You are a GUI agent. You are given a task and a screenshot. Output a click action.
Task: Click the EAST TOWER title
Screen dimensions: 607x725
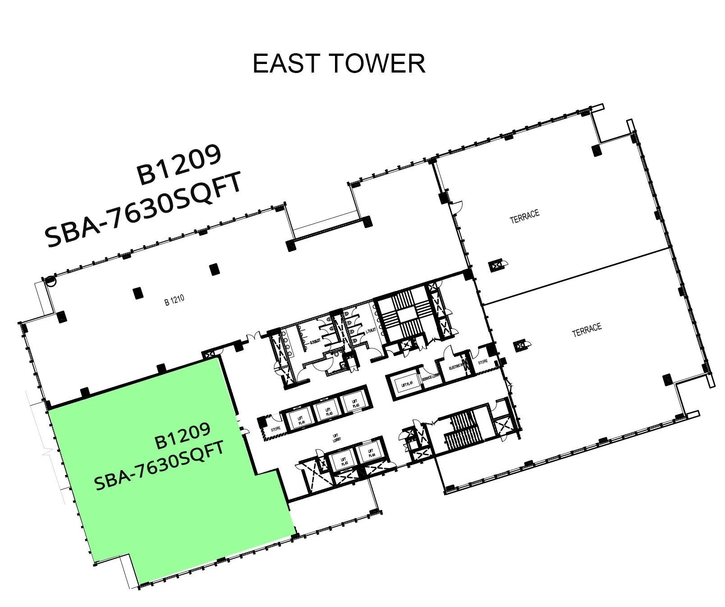339,63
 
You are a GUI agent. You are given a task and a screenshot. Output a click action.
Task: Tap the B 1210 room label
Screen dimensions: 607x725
174,300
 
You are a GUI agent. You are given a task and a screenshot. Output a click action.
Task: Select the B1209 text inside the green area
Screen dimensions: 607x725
182,436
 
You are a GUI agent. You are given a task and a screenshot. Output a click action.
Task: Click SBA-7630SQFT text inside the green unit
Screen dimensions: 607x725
159,466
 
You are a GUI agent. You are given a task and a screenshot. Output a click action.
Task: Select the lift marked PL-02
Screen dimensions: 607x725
328,411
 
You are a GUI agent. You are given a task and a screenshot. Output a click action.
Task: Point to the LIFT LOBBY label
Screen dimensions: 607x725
336,438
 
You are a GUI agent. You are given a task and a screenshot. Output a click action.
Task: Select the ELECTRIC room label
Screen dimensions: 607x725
457,367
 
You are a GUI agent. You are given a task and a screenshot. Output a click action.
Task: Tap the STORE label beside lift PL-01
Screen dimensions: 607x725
275,429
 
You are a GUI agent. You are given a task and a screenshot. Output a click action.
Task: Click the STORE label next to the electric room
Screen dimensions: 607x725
482,361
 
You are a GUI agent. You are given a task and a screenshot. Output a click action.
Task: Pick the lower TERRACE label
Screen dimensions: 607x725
587,330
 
